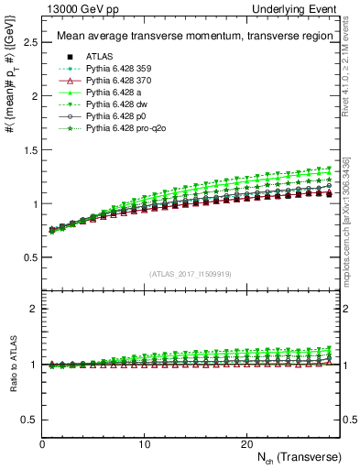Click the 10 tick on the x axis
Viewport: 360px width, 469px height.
(145, 443)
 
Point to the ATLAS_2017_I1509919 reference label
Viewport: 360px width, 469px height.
(191, 273)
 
